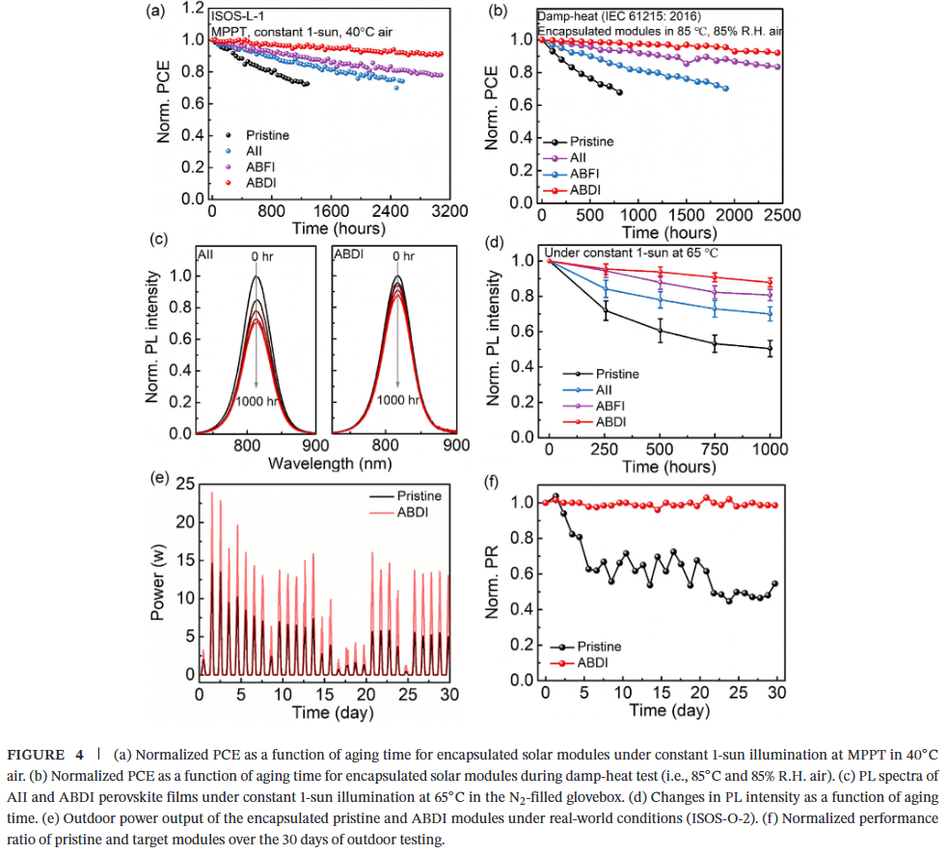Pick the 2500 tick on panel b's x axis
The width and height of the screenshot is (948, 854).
781,214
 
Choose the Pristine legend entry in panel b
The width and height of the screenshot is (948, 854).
589,141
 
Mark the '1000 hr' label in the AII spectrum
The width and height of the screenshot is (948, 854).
257,400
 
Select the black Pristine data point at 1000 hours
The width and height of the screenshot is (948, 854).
770,349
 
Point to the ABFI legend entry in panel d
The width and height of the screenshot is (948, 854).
612,406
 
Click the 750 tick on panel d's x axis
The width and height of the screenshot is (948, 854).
714,449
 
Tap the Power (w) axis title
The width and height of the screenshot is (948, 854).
160,582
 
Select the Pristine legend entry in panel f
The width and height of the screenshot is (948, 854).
598,646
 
